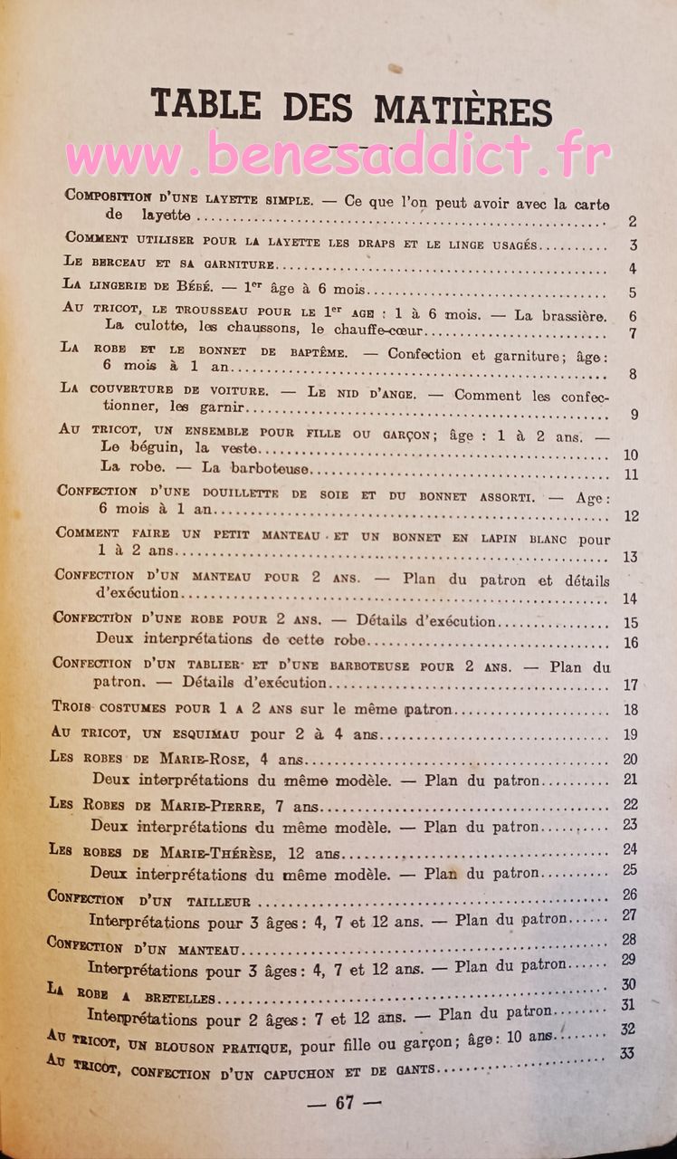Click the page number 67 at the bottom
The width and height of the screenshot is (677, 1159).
click(344, 1102)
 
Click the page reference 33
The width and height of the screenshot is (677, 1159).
click(626, 1053)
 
